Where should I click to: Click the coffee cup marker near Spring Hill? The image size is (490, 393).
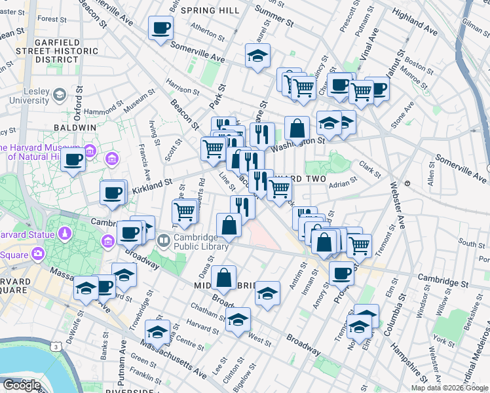tap(161, 29)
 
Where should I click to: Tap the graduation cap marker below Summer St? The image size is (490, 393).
tap(258, 56)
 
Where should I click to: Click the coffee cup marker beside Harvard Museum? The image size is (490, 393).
tap(73, 159)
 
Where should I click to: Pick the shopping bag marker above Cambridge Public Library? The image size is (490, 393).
tap(229, 227)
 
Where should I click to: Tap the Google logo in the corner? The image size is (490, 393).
tap(22, 384)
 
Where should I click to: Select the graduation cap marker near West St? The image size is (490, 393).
tap(238, 320)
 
